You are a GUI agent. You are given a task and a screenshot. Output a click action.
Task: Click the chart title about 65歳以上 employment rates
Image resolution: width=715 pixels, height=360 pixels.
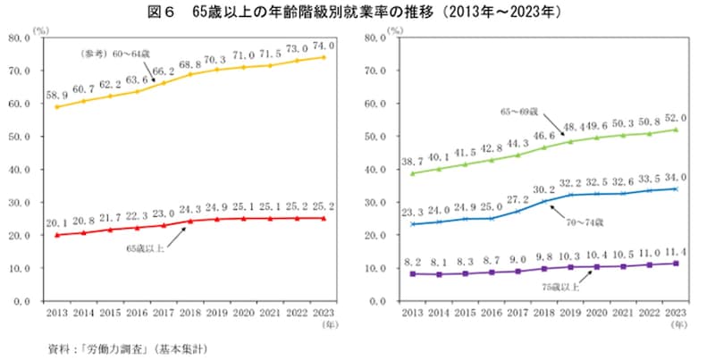coord(357,13)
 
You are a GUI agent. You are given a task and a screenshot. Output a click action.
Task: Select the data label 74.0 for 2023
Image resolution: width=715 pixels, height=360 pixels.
coord(324,46)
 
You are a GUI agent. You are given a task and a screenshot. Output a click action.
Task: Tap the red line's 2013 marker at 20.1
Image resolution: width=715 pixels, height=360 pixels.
coord(58,235)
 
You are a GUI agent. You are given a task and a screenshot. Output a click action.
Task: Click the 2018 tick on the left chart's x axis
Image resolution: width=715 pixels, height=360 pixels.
coord(190,314)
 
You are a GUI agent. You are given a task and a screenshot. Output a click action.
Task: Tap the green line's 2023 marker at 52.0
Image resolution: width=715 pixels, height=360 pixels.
coord(677,130)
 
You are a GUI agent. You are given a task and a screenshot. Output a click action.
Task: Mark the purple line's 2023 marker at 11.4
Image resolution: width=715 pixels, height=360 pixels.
coord(677,264)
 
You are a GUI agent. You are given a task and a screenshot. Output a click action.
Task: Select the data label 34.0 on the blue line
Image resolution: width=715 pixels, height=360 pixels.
coord(677,177)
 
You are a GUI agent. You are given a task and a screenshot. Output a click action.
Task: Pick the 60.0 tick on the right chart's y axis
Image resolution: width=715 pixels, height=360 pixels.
coord(375,105)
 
